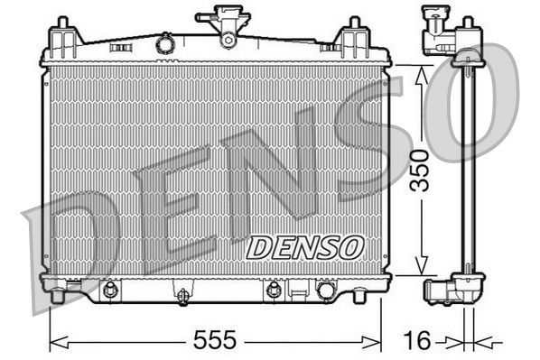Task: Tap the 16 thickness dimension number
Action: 416,340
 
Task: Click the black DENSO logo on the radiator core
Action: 304,245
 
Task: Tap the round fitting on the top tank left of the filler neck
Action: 165,42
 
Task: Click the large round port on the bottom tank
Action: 325,291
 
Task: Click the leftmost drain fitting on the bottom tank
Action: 111,291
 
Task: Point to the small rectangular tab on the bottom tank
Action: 296,291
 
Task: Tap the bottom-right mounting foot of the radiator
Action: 359,295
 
